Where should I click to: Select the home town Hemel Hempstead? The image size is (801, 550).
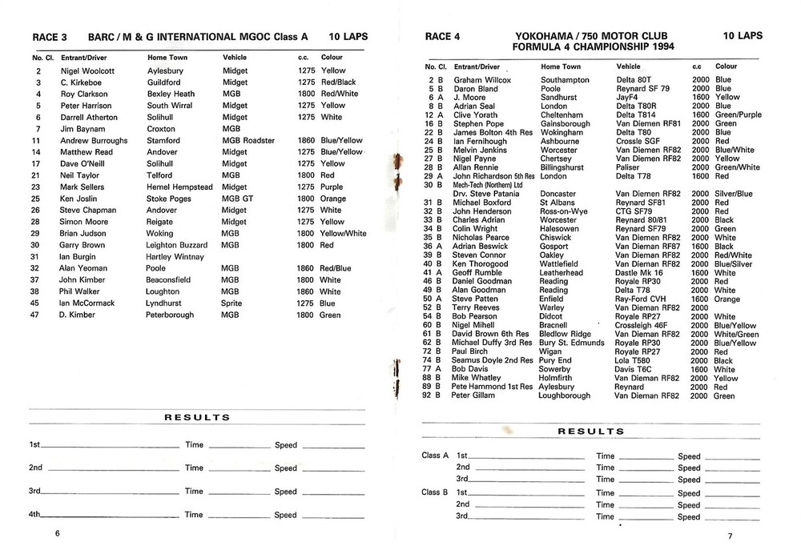pyautogui.click(x=179, y=187)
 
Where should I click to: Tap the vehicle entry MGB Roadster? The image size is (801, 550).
pyautogui.click(x=248, y=140)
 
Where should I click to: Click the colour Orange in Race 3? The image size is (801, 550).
pyautogui.click(x=333, y=199)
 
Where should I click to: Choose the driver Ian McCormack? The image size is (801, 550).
pyautogui.click(x=87, y=303)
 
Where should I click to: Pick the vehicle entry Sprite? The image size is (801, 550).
pyautogui.click(x=234, y=303)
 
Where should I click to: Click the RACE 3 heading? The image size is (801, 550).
pyautogui.click(x=50, y=37)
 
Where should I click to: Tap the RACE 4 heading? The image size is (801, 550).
pyautogui.click(x=443, y=36)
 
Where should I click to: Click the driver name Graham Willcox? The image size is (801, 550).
pyautogui.click(x=483, y=80)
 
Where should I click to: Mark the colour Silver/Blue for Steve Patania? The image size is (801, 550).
pyautogui.click(x=733, y=194)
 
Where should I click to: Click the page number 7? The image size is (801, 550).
pyautogui.click(x=730, y=535)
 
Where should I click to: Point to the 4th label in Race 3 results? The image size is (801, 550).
pyautogui.click(x=36, y=514)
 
